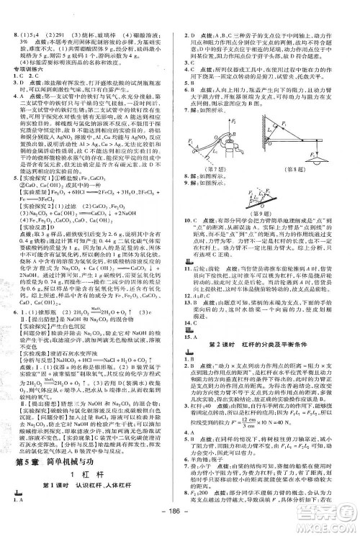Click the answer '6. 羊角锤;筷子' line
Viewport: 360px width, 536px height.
tap(209, 460)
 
